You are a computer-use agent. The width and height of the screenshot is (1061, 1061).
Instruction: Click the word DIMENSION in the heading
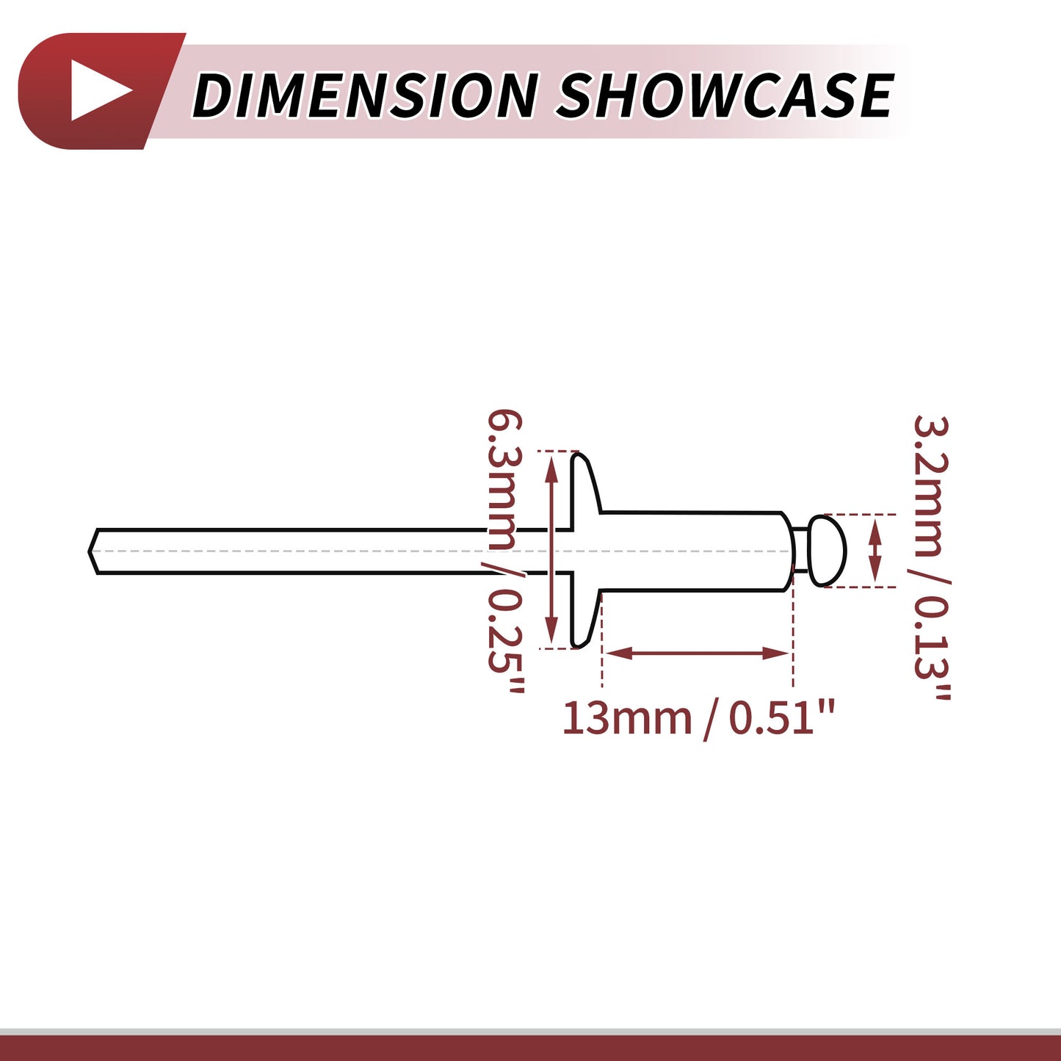click(x=364, y=95)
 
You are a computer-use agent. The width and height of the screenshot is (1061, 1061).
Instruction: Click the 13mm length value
click(x=626, y=718)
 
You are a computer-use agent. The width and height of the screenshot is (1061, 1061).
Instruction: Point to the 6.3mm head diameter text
click(x=504, y=479)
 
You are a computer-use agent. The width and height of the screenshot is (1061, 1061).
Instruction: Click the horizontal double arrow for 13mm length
click(x=697, y=653)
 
